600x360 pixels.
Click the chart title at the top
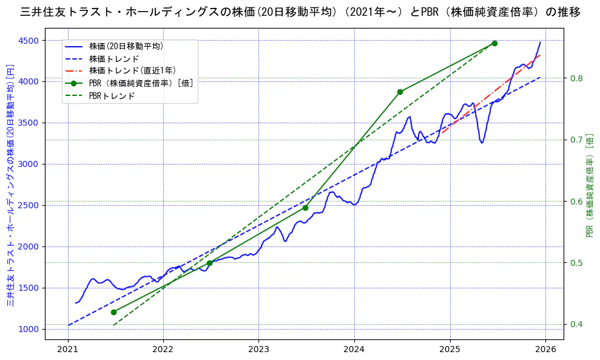[300, 12]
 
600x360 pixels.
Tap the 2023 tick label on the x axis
[258, 350]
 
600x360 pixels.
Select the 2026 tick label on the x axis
[545, 350]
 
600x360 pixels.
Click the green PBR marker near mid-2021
[113, 312]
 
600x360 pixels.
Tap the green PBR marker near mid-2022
[209, 263]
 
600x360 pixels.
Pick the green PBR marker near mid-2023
[305, 208]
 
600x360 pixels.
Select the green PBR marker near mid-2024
[400, 92]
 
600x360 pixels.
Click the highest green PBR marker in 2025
[494, 43]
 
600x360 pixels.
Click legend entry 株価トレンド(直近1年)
[132, 71]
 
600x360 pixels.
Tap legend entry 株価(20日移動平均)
[126, 46]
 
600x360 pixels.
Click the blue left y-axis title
[10, 185]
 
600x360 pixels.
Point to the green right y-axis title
[589, 185]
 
